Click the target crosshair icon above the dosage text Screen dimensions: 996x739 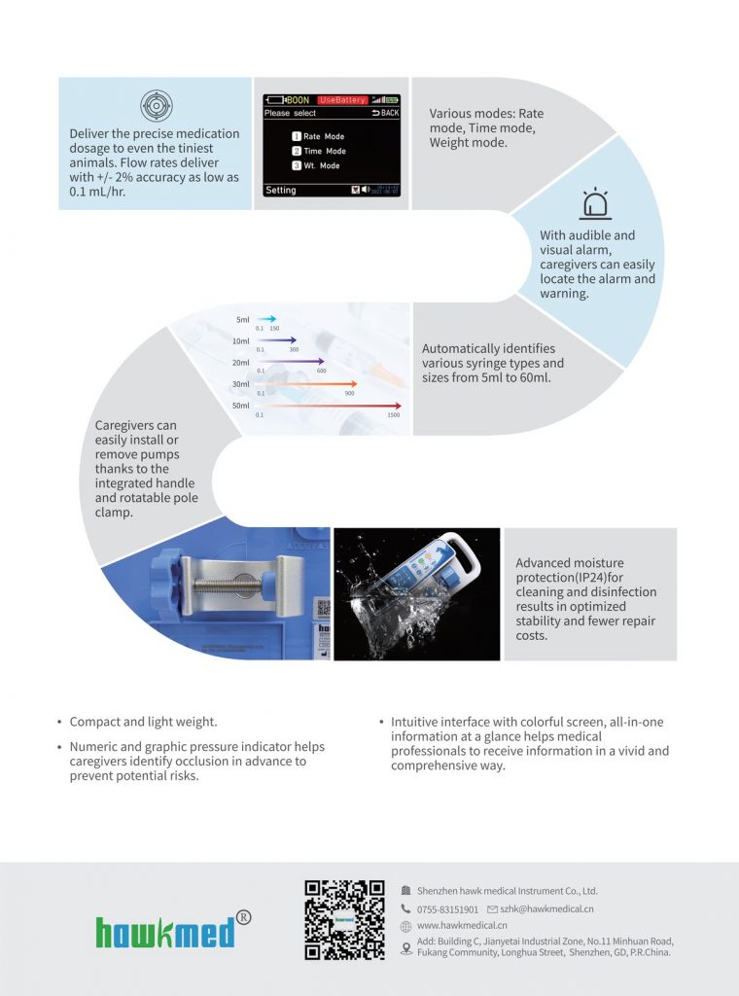155,105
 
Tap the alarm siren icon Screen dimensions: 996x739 595,205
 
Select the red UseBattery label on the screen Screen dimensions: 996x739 342,100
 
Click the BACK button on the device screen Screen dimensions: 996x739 385,113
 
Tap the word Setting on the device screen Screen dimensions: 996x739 281,191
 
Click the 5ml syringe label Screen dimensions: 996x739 242,319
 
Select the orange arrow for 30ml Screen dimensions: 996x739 307,384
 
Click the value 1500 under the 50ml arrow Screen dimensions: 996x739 393,415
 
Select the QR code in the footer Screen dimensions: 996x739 344,920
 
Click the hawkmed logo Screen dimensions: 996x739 165,932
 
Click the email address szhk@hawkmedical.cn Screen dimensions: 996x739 546,908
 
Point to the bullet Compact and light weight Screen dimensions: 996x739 143,722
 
